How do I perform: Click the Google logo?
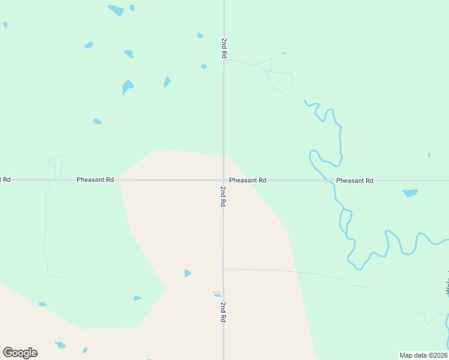point(20,353)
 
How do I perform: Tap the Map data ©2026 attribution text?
point(423,355)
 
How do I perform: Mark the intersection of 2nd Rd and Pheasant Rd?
point(224,180)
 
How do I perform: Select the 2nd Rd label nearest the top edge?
point(223,48)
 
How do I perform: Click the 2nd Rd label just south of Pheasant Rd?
point(223,197)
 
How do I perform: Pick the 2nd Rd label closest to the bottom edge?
point(223,313)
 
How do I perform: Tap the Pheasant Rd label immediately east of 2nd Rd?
point(247,180)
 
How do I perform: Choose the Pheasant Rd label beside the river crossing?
point(355,181)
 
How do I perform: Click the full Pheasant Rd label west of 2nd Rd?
point(95,180)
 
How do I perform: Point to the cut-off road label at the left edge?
point(5,179)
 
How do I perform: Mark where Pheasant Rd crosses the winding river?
point(332,181)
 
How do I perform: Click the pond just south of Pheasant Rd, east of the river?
point(410,193)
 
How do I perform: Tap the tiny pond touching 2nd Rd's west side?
point(218,295)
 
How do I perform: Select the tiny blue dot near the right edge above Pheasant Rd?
point(429,155)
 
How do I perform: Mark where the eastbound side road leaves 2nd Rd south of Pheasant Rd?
point(224,269)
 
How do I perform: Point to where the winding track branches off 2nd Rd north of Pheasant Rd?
point(224,60)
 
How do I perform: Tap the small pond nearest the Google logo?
point(60,345)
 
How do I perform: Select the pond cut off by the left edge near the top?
point(5,25)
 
